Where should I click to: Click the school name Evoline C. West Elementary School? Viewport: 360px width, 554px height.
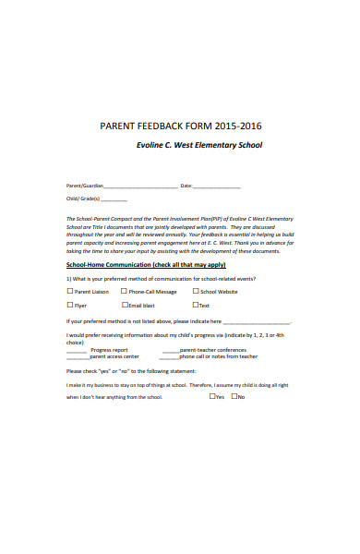[x=198, y=145]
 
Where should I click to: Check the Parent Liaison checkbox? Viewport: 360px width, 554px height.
[x=70, y=291]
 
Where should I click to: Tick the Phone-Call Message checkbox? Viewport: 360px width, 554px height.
[x=125, y=291]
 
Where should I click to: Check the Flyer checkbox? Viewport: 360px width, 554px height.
[x=70, y=305]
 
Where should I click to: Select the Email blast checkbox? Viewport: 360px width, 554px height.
[x=125, y=305]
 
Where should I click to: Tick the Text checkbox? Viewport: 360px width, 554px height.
[x=196, y=305]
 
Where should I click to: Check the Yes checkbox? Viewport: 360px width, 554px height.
[x=212, y=397]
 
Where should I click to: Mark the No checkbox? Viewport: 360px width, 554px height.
[x=234, y=397]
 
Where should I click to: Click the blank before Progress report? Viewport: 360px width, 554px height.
[x=77, y=351]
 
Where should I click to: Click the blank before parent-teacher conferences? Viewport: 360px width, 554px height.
[x=170, y=351]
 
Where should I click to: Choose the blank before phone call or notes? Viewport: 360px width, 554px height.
[x=170, y=357]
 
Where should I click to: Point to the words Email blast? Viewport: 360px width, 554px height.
[x=142, y=305]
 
